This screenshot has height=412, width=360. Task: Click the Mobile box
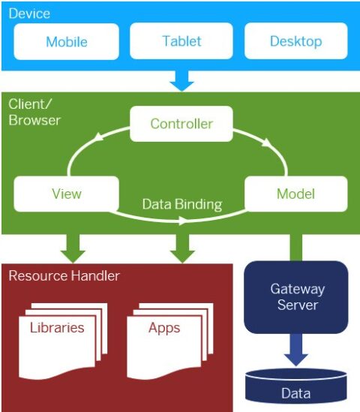(x=67, y=41)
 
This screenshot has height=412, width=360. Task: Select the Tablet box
(x=181, y=41)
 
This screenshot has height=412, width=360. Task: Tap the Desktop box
(x=295, y=41)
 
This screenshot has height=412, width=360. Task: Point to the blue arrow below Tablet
(x=181, y=79)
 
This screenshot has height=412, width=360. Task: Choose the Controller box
(x=181, y=124)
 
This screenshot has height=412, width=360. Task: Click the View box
(x=66, y=194)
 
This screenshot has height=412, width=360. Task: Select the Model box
(x=295, y=194)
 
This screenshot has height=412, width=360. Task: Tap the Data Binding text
(x=182, y=204)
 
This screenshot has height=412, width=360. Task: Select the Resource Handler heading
(x=64, y=276)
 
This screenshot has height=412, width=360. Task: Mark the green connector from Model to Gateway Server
(x=295, y=247)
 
